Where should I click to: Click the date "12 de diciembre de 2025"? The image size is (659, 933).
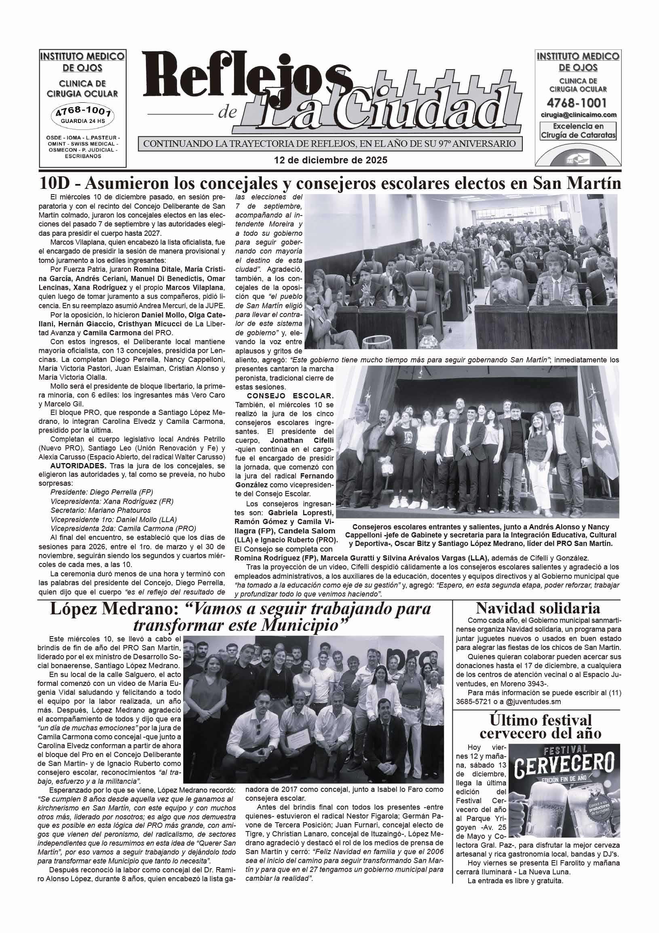331,160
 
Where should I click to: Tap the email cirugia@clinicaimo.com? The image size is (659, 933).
579,115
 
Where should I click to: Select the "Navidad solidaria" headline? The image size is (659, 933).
538,608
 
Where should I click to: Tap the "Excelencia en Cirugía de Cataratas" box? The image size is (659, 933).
579,131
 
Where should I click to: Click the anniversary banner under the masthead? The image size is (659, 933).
330,144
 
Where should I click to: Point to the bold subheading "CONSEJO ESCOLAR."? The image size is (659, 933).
290,396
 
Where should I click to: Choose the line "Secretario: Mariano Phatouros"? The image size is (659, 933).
100,510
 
